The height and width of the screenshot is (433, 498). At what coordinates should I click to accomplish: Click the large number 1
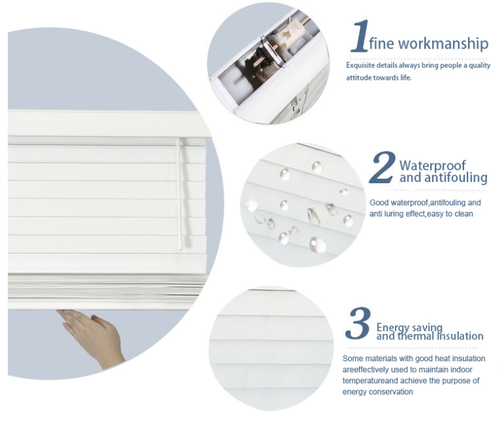359,37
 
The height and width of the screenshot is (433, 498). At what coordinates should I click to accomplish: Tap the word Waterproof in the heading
432,165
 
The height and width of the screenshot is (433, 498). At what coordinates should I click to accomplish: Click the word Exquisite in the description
362,66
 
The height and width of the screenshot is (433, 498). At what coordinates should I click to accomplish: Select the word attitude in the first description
359,78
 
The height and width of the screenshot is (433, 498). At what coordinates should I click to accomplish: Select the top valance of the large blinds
106,124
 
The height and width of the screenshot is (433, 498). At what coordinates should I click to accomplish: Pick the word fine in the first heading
382,44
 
